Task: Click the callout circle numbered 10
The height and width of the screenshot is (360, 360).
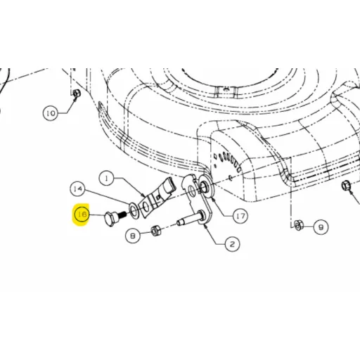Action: point(51,113)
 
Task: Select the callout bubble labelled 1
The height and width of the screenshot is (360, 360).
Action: point(107,179)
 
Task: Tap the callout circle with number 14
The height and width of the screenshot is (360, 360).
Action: point(78,188)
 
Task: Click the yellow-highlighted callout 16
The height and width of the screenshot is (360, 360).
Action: point(82,214)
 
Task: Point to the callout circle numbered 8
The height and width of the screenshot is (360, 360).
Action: point(133,235)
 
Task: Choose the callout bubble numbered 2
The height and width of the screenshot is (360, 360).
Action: point(232,244)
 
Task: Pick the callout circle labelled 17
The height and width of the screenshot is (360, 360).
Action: point(240,216)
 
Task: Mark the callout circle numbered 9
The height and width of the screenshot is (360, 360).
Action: point(321,227)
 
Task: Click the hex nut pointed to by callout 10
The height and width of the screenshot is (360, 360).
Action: point(77,94)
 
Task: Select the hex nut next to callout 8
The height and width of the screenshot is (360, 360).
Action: point(156,231)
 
